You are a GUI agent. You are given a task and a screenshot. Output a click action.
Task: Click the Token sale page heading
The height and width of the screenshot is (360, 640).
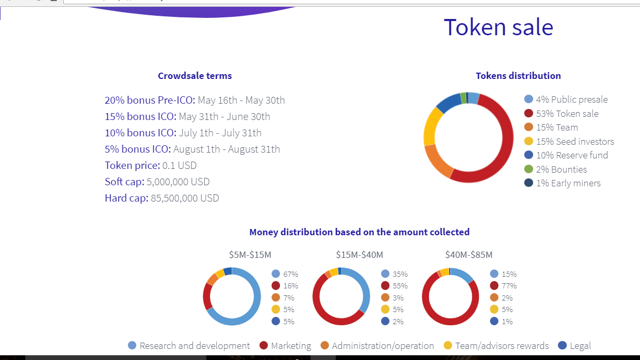498,27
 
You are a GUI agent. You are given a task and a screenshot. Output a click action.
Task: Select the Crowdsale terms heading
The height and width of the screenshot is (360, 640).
195,76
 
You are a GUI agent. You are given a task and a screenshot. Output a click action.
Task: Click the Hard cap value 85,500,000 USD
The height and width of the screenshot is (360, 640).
185,198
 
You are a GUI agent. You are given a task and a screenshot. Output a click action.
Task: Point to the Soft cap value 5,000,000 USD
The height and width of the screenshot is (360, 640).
178,182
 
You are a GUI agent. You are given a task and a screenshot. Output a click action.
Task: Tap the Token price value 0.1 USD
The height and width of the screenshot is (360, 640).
179,166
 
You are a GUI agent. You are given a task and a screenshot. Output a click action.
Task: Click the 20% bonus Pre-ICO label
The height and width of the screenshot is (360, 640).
150,100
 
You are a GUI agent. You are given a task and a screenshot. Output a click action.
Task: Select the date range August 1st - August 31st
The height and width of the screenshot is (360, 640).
226,149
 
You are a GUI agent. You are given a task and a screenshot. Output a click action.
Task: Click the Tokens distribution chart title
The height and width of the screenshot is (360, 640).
518,76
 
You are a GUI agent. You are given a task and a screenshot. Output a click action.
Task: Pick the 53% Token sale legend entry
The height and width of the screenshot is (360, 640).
567,114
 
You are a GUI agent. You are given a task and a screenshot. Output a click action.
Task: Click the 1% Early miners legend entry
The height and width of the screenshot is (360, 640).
568,183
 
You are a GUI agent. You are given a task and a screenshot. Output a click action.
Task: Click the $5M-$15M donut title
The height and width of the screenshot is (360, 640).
250,255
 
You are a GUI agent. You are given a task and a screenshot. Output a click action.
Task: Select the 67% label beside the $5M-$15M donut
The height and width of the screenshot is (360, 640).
291,274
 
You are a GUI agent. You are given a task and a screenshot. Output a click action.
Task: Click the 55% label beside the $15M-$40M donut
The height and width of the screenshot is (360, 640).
400,286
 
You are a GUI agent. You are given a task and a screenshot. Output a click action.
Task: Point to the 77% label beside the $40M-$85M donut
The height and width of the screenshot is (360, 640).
509,286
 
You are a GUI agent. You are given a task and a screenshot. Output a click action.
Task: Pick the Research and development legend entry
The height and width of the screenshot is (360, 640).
194,346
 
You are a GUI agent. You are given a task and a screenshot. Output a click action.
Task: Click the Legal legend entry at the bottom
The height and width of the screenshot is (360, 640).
580,346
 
